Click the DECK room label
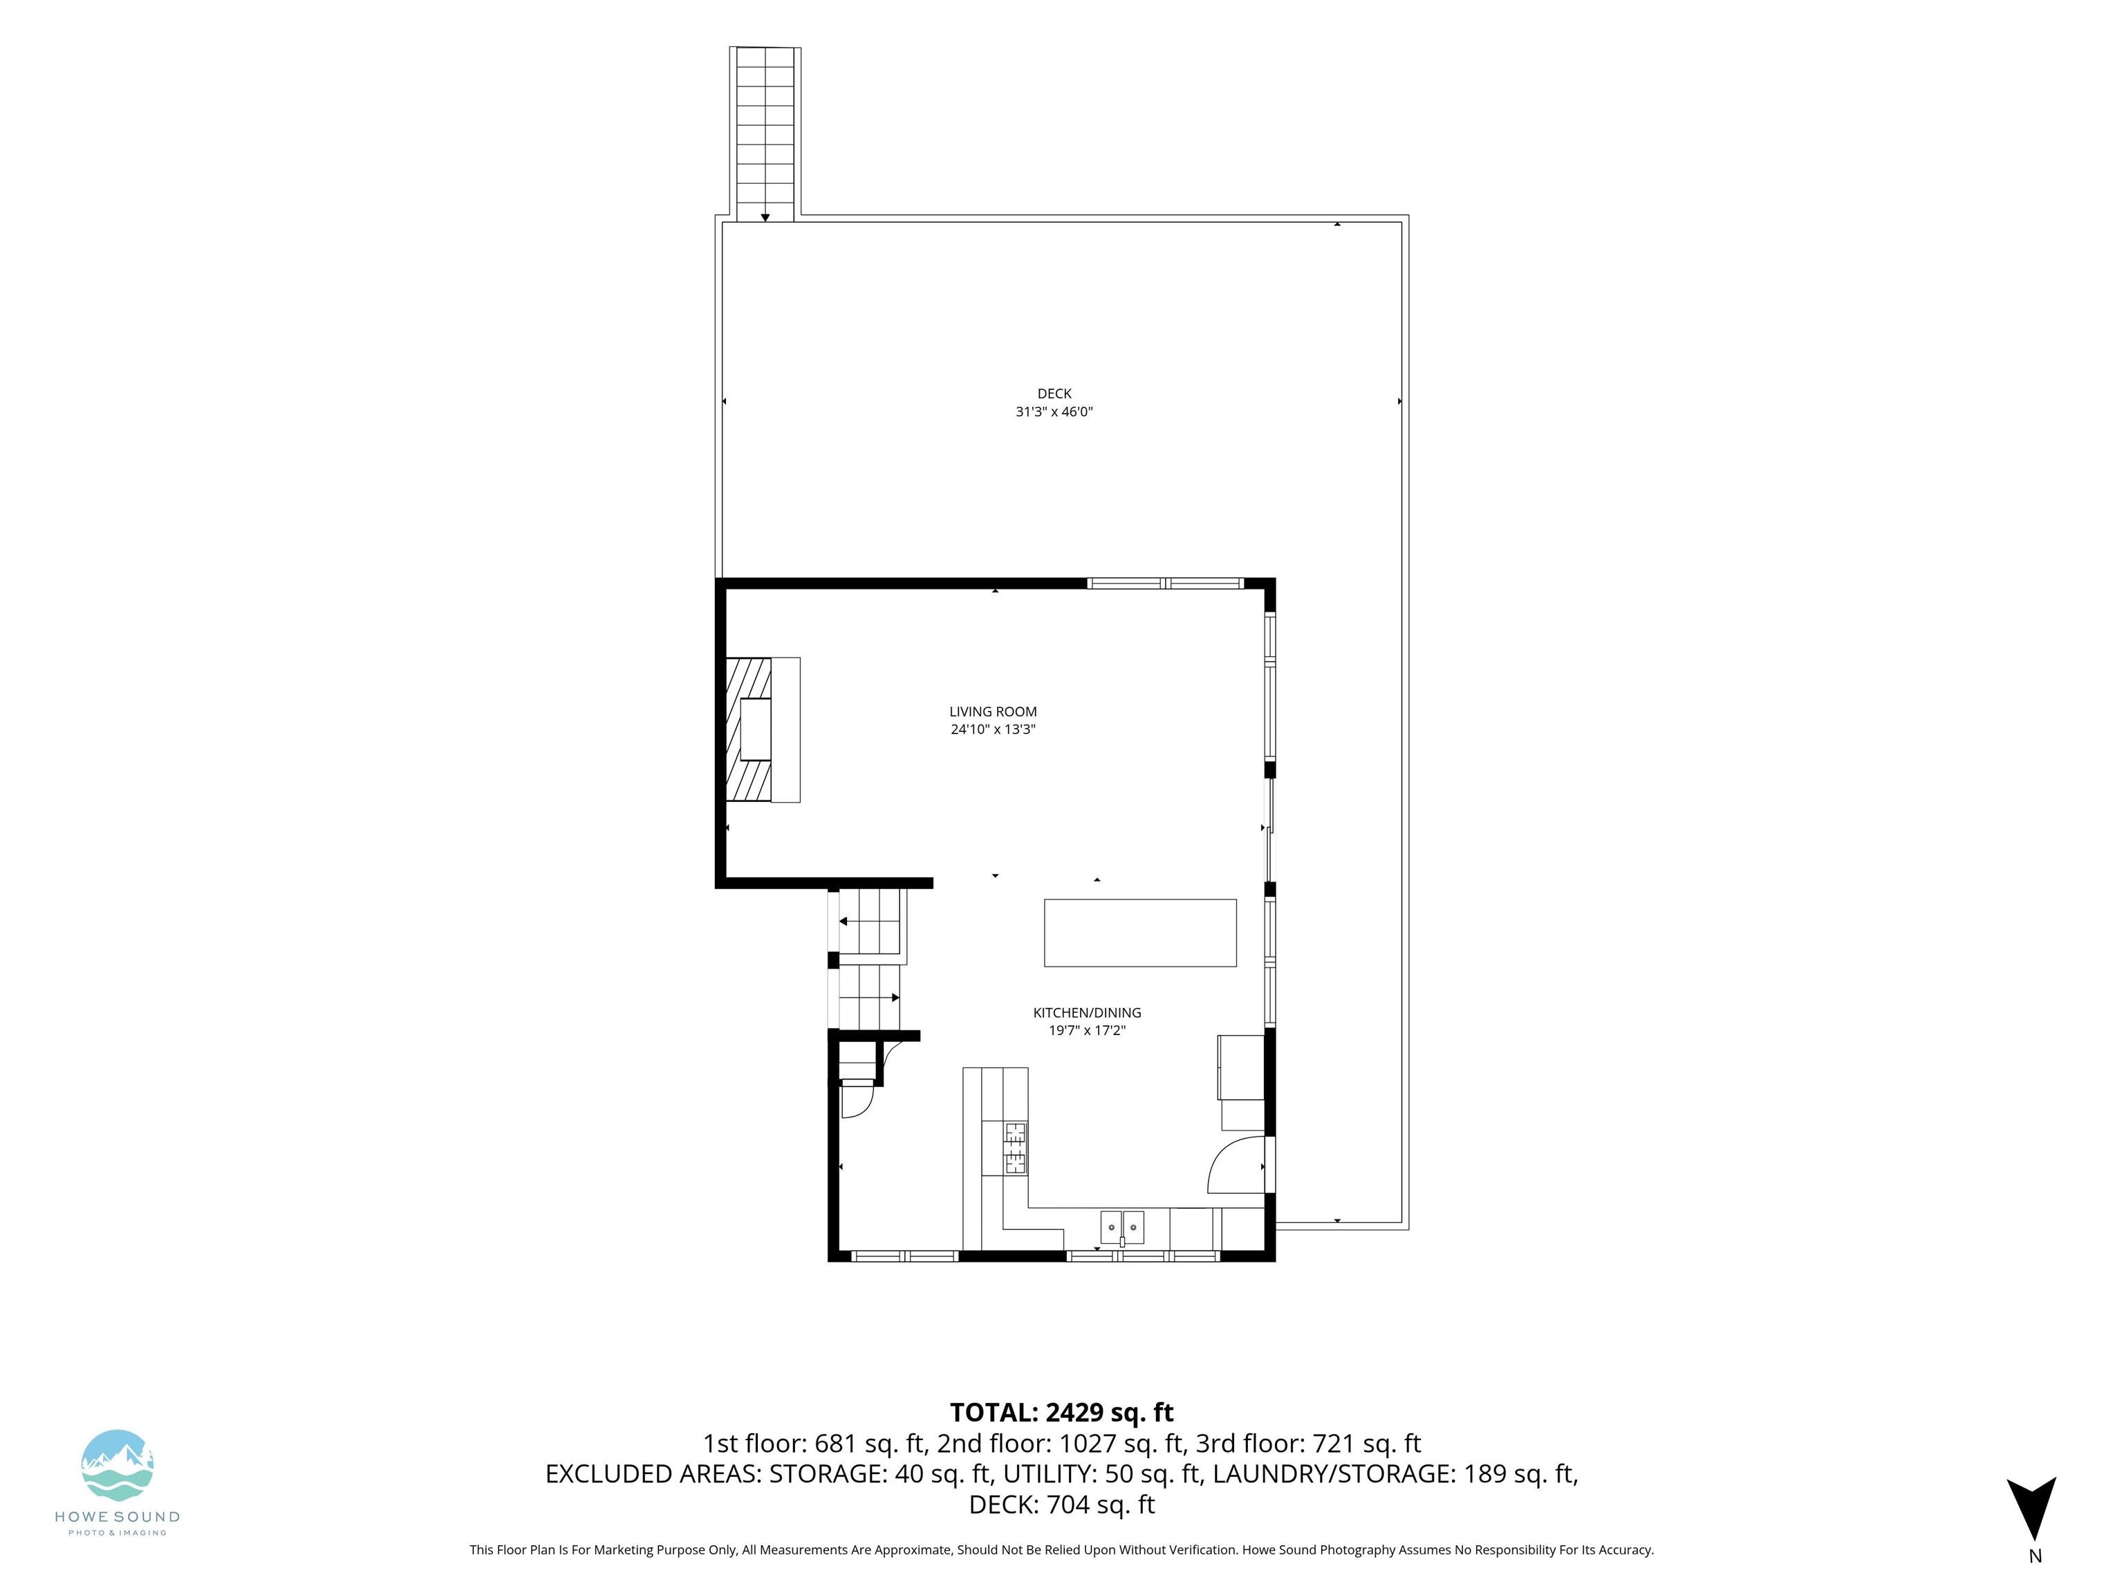(1054, 393)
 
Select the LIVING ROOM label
(993, 711)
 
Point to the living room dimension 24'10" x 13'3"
(993, 729)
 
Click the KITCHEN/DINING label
(1087, 1012)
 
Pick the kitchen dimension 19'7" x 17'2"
(1087, 1030)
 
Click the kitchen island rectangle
(1139, 933)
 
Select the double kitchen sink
(1121, 1228)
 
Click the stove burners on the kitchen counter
(1015, 1148)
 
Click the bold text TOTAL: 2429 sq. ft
(1062, 1413)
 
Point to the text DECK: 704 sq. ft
(1062, 1504)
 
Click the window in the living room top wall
(1165, 583)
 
